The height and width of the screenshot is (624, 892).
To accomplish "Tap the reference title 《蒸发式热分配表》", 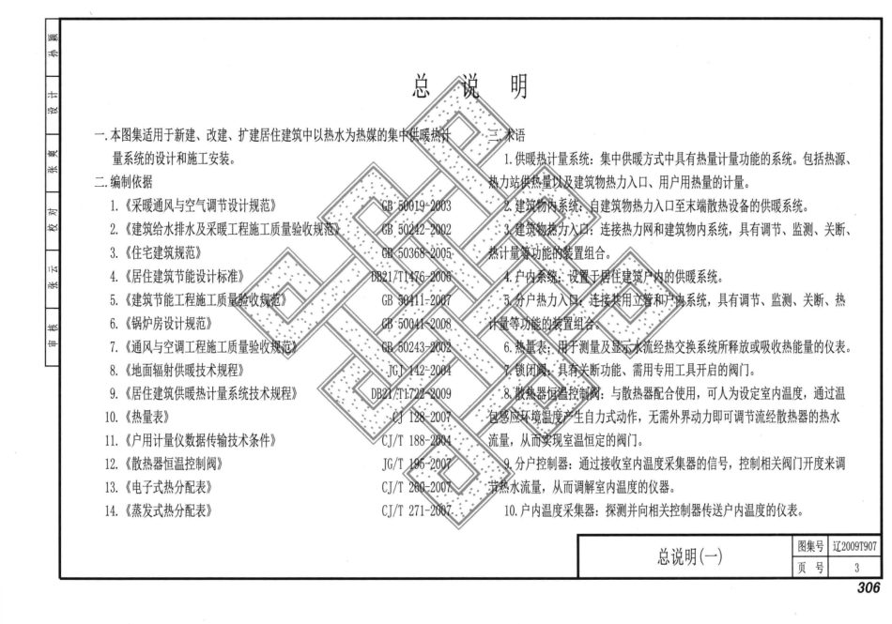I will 169,511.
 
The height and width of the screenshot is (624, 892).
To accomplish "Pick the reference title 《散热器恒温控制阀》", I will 176,463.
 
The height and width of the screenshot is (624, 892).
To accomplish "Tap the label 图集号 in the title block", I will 810,547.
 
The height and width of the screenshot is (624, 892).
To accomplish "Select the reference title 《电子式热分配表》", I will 169,487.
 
